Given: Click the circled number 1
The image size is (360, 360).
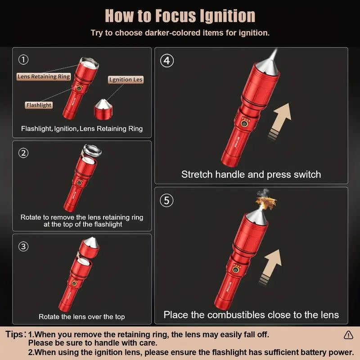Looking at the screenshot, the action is click(x=23, y=60).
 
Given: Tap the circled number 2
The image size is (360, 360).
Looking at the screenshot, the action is click(x=23, y=153).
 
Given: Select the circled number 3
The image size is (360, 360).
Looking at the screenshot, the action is click(x=23, y=247).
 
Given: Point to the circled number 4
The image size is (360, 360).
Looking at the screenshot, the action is click(x=167, y=61).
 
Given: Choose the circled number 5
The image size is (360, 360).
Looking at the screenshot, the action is click(x=167, y=200).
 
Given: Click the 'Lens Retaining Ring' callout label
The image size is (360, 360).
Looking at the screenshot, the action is click(x=44, y=76).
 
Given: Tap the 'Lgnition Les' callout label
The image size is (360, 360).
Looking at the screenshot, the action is click(x=126, y=80).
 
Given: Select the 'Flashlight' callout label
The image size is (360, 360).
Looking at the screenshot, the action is click(x=39, y=105).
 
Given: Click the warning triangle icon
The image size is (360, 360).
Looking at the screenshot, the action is click(x=348, y=335).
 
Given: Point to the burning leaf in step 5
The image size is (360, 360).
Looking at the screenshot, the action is click(x=266, y=202).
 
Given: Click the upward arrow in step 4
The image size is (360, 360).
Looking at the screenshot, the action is click(x=279, y=121).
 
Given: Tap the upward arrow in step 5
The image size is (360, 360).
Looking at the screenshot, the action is click(x=270, y=267).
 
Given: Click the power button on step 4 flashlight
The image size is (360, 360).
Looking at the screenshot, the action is click(x=244, y=124).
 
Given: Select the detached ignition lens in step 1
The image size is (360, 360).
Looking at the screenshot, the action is click(x=103, y=109).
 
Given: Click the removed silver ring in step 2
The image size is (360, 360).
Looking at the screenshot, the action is click(x=92, y=151).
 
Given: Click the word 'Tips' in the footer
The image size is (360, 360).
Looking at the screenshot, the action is click(x=14, y=334).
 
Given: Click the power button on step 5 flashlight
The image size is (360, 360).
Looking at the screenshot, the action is click(x=235, y=269).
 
